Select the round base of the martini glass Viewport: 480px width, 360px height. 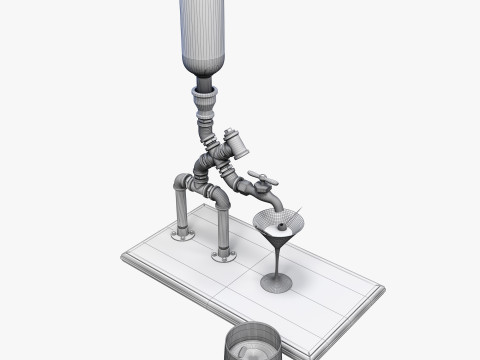coord(276,284)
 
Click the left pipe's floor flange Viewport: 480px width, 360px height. coord(183,235)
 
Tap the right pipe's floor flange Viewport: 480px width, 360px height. coord(224,256)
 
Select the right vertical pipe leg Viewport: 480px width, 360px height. coord(223,230)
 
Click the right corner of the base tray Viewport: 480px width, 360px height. coord(381,291)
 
